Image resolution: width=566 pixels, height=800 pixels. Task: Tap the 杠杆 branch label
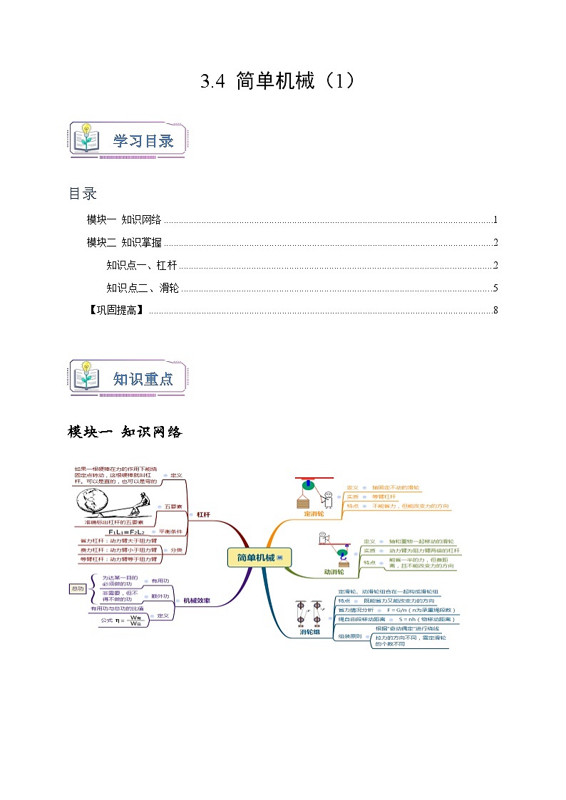tap(203, 514)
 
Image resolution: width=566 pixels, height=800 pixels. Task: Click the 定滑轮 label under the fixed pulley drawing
tap(314, 513)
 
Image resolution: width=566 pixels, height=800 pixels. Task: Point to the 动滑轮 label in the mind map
tap(334, 571)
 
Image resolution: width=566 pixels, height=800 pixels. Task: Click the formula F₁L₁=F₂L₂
tap(126, 531)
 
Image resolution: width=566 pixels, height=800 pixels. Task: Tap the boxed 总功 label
tap(78, 588)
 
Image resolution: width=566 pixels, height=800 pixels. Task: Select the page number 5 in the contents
tap(495, 289)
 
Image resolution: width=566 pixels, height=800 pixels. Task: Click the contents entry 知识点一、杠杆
tap(141, 266)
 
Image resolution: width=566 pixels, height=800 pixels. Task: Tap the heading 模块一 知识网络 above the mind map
tap(125, 432)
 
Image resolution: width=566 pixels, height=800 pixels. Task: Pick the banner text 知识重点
tap(143, 379)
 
